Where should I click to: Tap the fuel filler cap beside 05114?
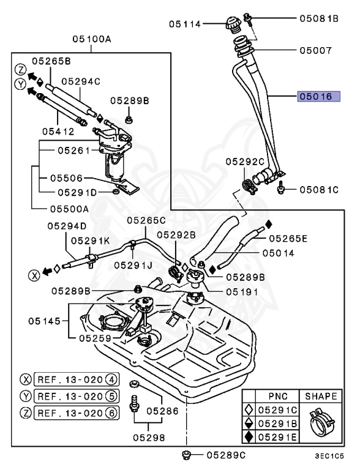tap(233, 26)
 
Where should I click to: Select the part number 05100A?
tap(91, 39)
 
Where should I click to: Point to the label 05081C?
tap(319, 189)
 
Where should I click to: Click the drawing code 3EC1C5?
tap(329, 456)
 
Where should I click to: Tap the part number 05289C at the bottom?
tap(226, 455)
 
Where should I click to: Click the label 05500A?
tap(69, 208)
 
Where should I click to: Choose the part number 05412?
tap(58, 130)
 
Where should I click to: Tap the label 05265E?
tap(288, 238)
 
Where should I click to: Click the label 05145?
tap(45, 320)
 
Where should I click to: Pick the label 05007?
tap(315, 51)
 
